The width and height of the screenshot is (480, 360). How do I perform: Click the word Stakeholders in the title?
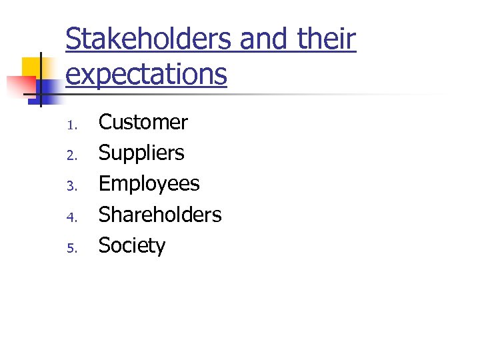click(x=148, y=39)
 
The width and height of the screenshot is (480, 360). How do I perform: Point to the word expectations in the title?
click(x=147, y=73)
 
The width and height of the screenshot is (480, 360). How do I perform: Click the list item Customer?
click(x=143, y=123)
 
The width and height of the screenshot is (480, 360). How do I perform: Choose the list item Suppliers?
click(x=141, y=153)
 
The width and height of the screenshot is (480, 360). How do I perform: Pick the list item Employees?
click(x=149, y=184)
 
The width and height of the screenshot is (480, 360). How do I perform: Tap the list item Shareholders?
click(x=160, y=215)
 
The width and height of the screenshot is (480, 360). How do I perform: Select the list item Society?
click(x=132, y=245)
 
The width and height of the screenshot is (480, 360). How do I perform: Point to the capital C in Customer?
click(x=106, y=123)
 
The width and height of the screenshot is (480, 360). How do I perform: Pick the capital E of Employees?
click(x=105, y=184)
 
